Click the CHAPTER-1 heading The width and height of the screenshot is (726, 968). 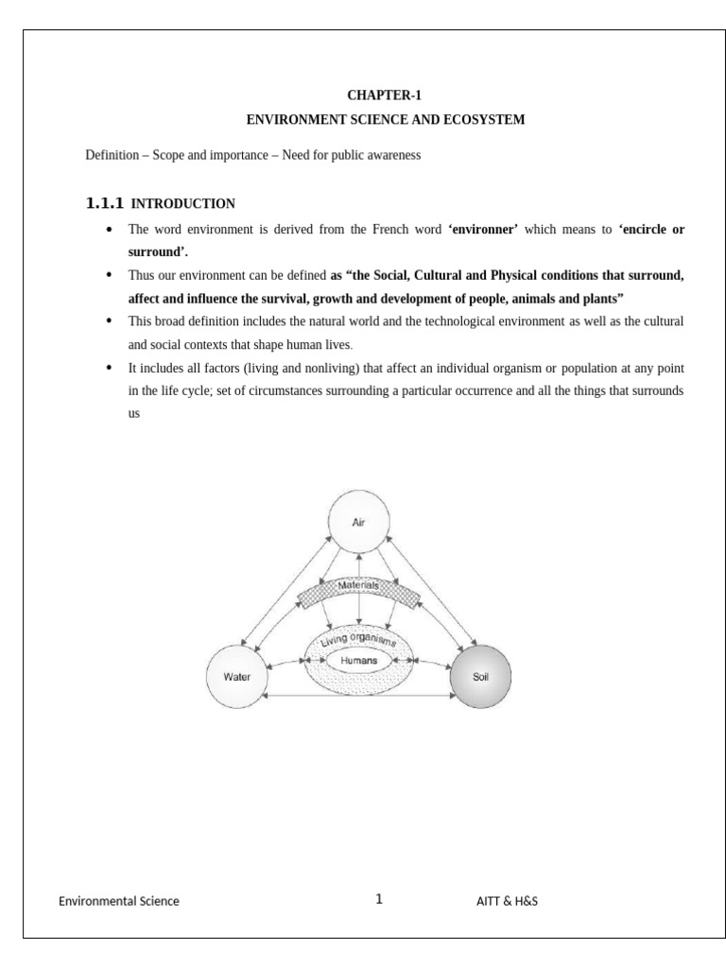[x=385, y=96]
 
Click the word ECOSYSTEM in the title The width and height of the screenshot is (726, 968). [x=480, y=120]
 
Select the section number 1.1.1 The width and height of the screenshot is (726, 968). [x=104, y=203]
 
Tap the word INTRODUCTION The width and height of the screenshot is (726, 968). [x=182, y=203]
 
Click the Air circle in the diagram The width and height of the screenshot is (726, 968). [x=358, y=521]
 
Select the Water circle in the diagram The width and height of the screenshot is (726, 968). [x=237, y=677]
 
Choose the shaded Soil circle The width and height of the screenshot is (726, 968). [x=480, y=677]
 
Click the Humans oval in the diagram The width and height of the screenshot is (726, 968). [x=358, y=660]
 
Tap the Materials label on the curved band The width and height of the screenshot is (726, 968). [x=358, y=586]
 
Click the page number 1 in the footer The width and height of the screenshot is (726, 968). [x=379, y=899]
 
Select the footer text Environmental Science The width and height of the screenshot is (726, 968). [x=119, y=901]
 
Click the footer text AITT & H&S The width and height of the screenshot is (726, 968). [x=508, y=901]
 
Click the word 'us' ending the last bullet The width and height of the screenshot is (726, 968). [x=133, y=413]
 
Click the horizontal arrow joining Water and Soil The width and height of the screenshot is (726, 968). [x=358, y=697]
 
